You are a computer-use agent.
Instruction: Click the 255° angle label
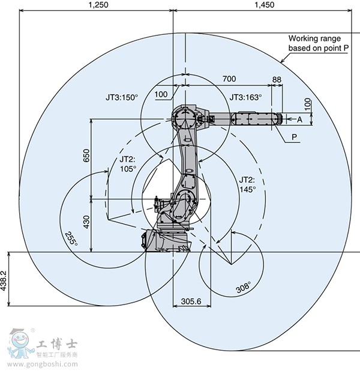[x=71, y=239]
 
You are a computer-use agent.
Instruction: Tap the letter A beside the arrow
[x=299, y=119]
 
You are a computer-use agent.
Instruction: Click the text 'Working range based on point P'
[x=317, y=43]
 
